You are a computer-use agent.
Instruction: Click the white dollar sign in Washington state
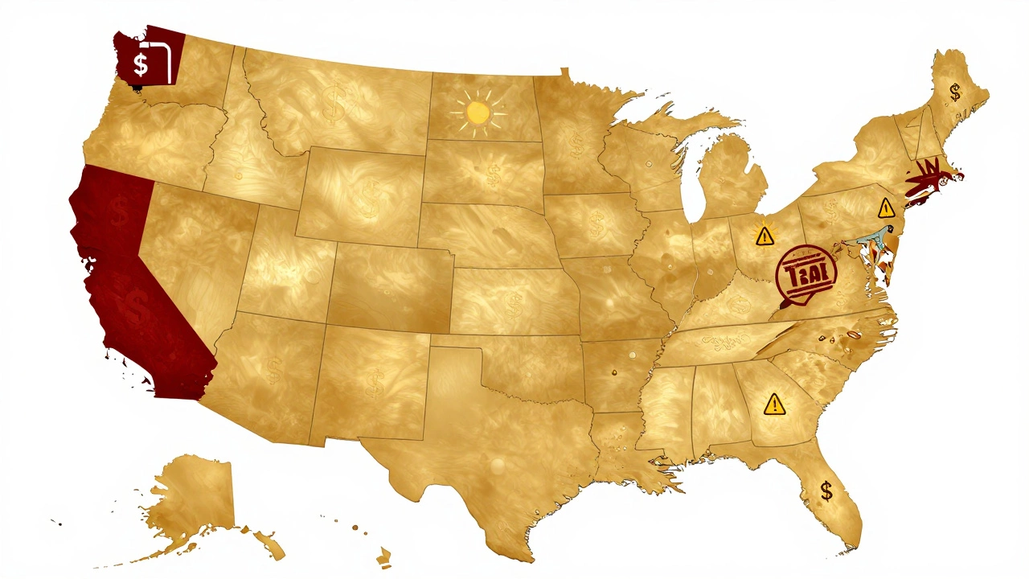click(x=141, y=64)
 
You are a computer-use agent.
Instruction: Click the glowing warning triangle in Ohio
click(x=763, y=236)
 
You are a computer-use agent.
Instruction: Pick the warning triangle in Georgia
click(x=774, y=403)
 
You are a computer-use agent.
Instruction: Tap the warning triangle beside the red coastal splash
click(x=886, y=208)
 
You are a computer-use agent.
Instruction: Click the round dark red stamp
click(x=807, y=274)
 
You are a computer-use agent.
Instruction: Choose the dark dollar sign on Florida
click(x=826, y=490)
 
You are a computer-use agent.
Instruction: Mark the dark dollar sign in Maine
click(x=955, y=92)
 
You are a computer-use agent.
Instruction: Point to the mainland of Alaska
click(x=189, y=495)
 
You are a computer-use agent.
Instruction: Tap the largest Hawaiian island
click(x=385, y=556)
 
